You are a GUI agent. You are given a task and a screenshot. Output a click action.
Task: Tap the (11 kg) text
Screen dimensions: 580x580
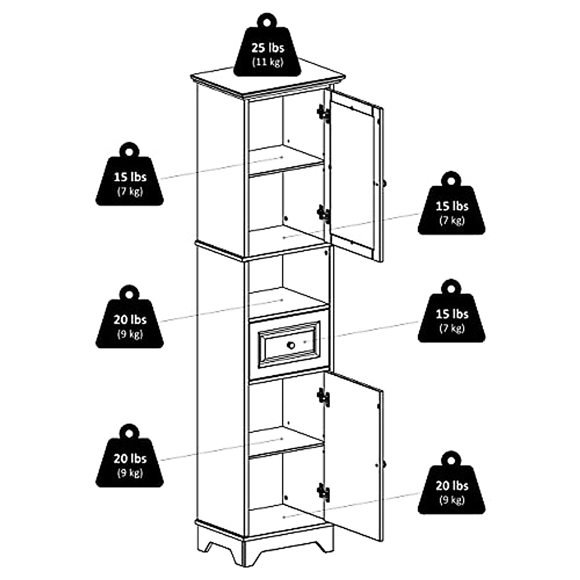tap(267, 62)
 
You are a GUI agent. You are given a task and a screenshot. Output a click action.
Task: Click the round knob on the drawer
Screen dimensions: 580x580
tap(291, 345)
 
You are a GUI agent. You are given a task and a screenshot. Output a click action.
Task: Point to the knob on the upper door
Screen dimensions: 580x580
tap(385, 184)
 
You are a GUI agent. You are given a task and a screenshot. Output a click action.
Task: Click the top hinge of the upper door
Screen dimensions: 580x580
tap(323, 114)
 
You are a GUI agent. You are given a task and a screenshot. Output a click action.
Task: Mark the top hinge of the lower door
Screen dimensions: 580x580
tap(323, 397)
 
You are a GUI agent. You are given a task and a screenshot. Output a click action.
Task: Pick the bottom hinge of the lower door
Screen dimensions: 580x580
tap(323, 492)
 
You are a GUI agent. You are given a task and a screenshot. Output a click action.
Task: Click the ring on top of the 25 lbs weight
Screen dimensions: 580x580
tap(267, 21)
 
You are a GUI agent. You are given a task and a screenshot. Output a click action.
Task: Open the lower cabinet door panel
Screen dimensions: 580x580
tap(353, 459)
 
